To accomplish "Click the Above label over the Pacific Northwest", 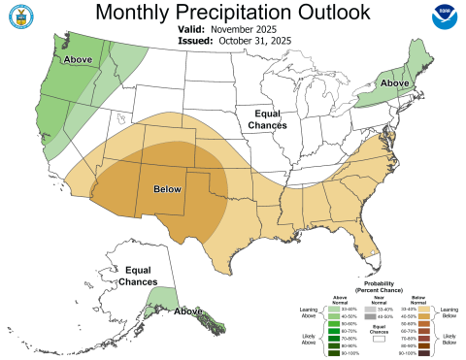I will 79,60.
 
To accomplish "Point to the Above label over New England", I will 393,83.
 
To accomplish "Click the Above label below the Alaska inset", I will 188,311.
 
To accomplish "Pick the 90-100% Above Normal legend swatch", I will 332,353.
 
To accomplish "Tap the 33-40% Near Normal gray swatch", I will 373,309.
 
